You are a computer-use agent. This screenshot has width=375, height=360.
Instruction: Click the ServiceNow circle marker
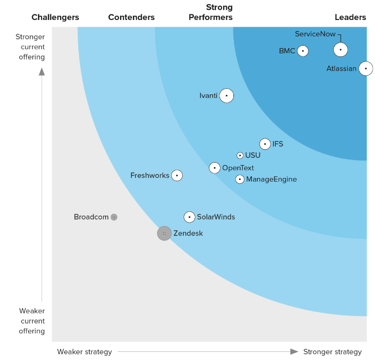click(x=340, y=50)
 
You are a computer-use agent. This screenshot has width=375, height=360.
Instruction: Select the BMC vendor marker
click(x=303, y=51)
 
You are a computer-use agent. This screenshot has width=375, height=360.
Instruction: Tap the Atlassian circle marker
click(x=365, y=68)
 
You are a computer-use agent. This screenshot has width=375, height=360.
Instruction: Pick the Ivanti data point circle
click(x=227, y=95)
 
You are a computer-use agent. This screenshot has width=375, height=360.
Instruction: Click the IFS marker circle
click(x=265, y=144)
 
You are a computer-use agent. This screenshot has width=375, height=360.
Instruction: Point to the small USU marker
click(x=240, y=155)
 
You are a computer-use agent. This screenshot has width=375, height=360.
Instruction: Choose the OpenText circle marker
click(x=215, y=168)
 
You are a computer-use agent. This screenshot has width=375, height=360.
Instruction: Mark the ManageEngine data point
click(x=240, y=179)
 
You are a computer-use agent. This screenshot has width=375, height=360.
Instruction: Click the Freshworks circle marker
click(x=177, y=175)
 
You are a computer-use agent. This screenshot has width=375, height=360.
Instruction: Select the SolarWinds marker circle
click(x=189, y=217)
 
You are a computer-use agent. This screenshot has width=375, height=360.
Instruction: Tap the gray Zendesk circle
click(x=164, y=233)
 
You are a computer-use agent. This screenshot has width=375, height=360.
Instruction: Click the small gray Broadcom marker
click(x=114, y=217)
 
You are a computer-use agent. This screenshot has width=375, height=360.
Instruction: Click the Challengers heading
click(x=55, y=17)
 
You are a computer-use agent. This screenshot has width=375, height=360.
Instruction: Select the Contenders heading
click(x=131, y=17)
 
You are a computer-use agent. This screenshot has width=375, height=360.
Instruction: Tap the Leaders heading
click(x=350, y=17)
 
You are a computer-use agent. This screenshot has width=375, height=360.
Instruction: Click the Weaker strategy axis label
click(x=84, y=352)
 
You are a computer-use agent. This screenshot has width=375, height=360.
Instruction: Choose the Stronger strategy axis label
click(x=332, y=352)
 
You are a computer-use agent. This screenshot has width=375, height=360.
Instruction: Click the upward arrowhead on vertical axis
click(x=42, y=71)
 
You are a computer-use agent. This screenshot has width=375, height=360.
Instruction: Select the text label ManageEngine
click(x=271, y=179)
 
